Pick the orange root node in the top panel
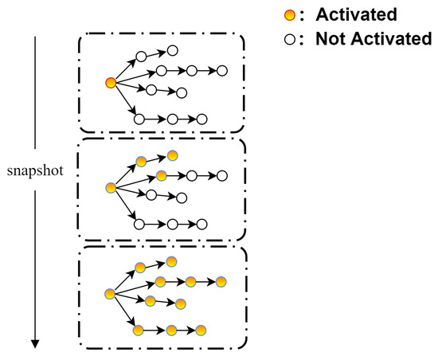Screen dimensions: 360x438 (111, 82)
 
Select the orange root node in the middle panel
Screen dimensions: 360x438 (111, 187)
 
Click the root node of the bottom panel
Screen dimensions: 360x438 (111, 294)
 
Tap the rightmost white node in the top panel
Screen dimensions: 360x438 (222, 70)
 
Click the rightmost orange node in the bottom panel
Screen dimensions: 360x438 (221, 281)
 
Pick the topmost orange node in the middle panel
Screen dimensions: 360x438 (172, 155)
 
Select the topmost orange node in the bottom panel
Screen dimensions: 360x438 (171, 261)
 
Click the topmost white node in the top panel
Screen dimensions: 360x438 (172, 51)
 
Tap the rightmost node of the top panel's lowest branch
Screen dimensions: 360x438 (201, 119)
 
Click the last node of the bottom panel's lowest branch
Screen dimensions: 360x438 (201, 329)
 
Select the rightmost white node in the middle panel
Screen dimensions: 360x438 (222, 175)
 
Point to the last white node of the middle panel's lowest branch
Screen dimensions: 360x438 (201, 225)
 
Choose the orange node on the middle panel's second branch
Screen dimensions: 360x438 (161, 175)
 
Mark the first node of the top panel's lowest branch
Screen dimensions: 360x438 (139, 119)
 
